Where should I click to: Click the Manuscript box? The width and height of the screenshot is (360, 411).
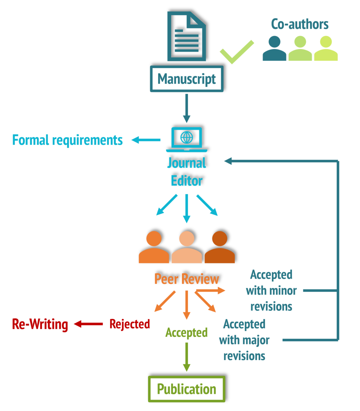(187, 79)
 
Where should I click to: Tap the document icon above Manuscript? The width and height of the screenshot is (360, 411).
(186, 36)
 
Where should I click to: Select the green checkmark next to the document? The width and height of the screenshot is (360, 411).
(236, 52)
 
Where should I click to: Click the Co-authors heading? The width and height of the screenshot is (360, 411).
(300, 24)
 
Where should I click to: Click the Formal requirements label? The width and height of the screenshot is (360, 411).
(67, 140)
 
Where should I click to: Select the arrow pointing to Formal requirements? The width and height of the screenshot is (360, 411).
(146, 140)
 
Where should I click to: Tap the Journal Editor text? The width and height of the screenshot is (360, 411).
(187, 172)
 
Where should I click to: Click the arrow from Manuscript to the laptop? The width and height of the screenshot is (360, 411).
(186, 108)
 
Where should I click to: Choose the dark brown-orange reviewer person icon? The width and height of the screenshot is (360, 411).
(220, 247)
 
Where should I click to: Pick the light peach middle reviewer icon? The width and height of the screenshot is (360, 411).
(187, 247)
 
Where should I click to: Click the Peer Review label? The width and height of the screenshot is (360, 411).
(187, 279)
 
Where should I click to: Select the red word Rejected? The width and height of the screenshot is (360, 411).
(129, 324)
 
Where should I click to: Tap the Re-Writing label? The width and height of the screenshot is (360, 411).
(40, 324)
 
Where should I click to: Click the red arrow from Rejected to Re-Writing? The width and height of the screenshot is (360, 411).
(89, 324)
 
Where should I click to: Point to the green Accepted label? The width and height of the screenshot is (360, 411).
(186, 332)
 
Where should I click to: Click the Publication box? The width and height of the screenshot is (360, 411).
(187, 389)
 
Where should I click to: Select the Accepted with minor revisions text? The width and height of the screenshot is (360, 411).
(271, 290)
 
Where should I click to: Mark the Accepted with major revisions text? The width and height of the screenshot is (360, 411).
(244, 340)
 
